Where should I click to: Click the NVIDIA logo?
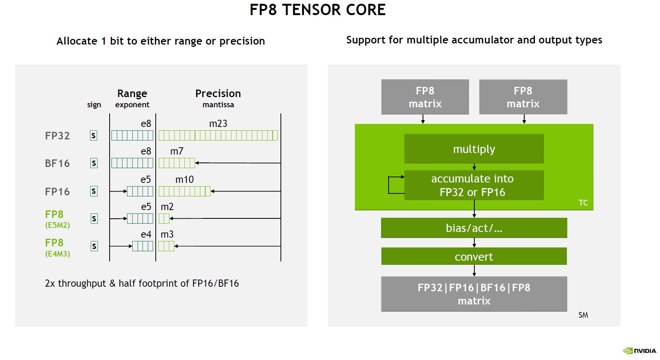tap(640, 351)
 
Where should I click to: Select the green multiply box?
tap(474, 149)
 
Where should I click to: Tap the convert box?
tap(474, 256)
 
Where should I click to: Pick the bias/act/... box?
tap(474, 228)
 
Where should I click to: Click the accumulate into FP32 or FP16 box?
tap(474, 185)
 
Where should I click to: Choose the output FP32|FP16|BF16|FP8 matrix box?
tap(474, 294)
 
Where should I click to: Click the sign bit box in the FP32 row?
tap(94, 136)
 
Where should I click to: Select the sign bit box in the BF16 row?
tap(94, 163)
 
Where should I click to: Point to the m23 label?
tap(218, 124)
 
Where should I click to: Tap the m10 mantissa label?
tap(184, 179)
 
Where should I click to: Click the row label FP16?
tap(57, 192)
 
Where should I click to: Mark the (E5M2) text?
tap(57, 225)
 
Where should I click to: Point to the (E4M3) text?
tap(57, 254)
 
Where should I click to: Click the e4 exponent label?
tap(146, 235)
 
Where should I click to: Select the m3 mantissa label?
tap(167, 235)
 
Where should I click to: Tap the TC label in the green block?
tap(583, 203)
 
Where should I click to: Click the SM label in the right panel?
tap(583, 315)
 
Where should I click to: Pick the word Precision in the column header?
tap(218, 93)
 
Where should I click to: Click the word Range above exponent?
tap(132, 93)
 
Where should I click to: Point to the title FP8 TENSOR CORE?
tap(318, 10)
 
